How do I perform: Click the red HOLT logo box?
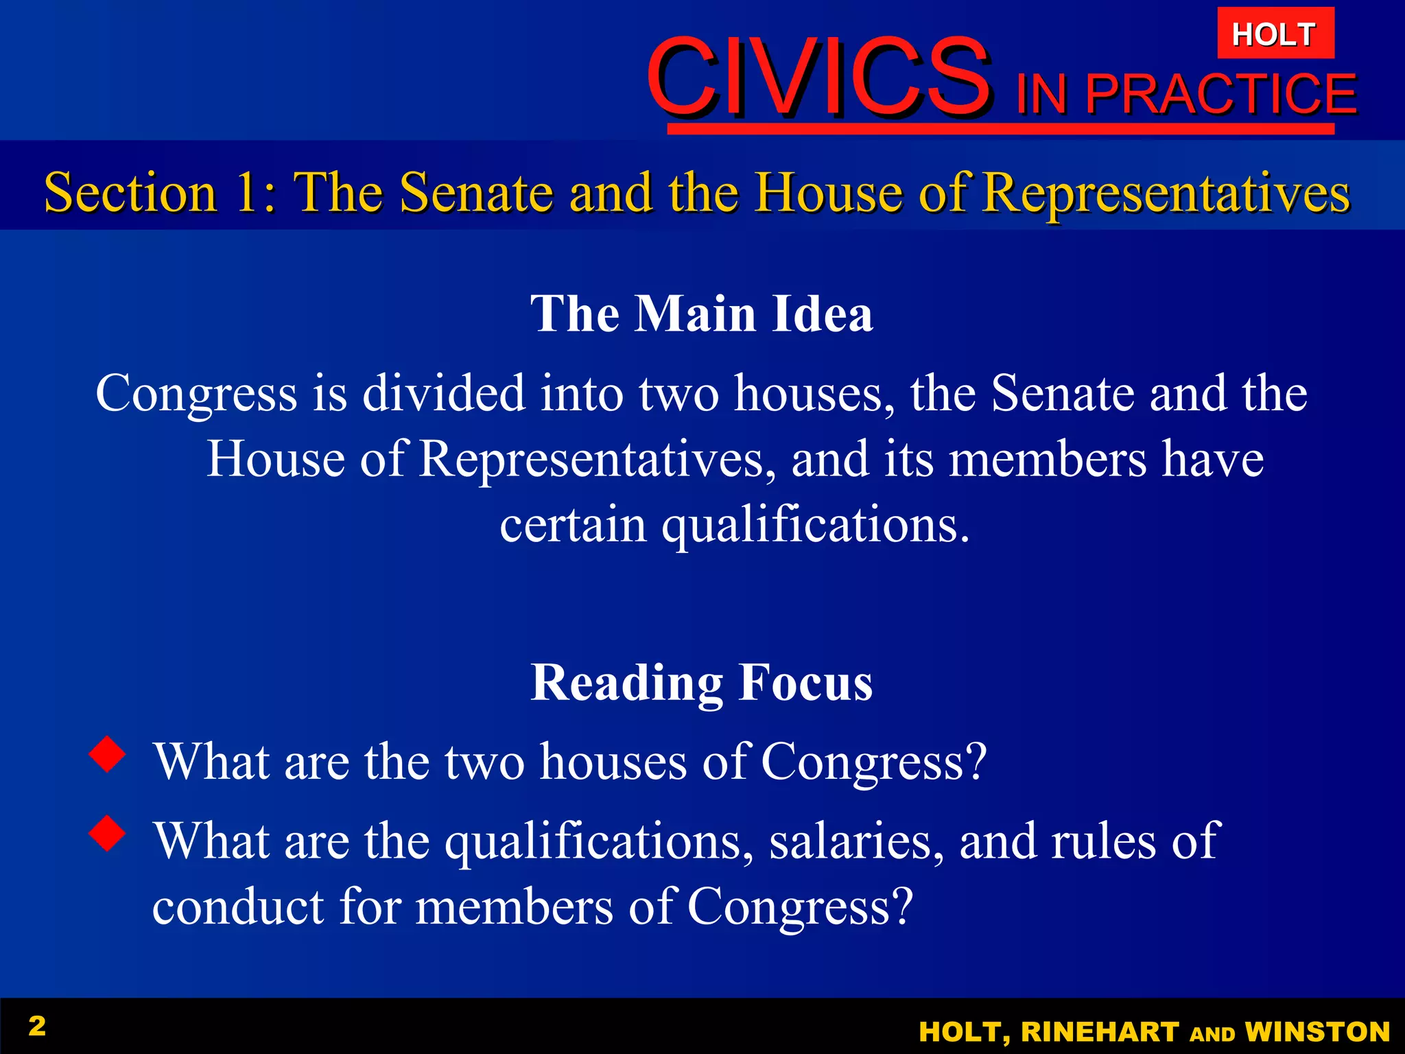click(x=1275, y=34)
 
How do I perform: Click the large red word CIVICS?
click(x=818, y=77)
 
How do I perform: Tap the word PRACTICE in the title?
click(x=1221, y=94)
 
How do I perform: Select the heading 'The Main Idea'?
click(x=702, y=314)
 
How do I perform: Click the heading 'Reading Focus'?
click(x=702, y=683)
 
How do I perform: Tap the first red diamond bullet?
click(x=108, y=754)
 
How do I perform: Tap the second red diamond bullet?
click(x=108, y=833)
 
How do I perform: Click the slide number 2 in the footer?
click(x=37, y=1026)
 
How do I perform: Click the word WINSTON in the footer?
click(x=1317, y=1032)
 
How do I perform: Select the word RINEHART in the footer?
click(x=1100, y=1032)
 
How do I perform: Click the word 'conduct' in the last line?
click(x=238, y=906)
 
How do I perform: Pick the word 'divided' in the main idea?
click(x=443, y=394)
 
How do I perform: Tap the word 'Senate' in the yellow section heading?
click(x=476, y=193)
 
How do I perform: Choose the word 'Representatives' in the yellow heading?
click(x=1166, y=193)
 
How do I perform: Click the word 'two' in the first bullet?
click(x=484, y=762)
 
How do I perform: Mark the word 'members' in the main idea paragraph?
click(x=1047, y=459)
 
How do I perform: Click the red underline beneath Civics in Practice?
click(x=1000, y=129)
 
